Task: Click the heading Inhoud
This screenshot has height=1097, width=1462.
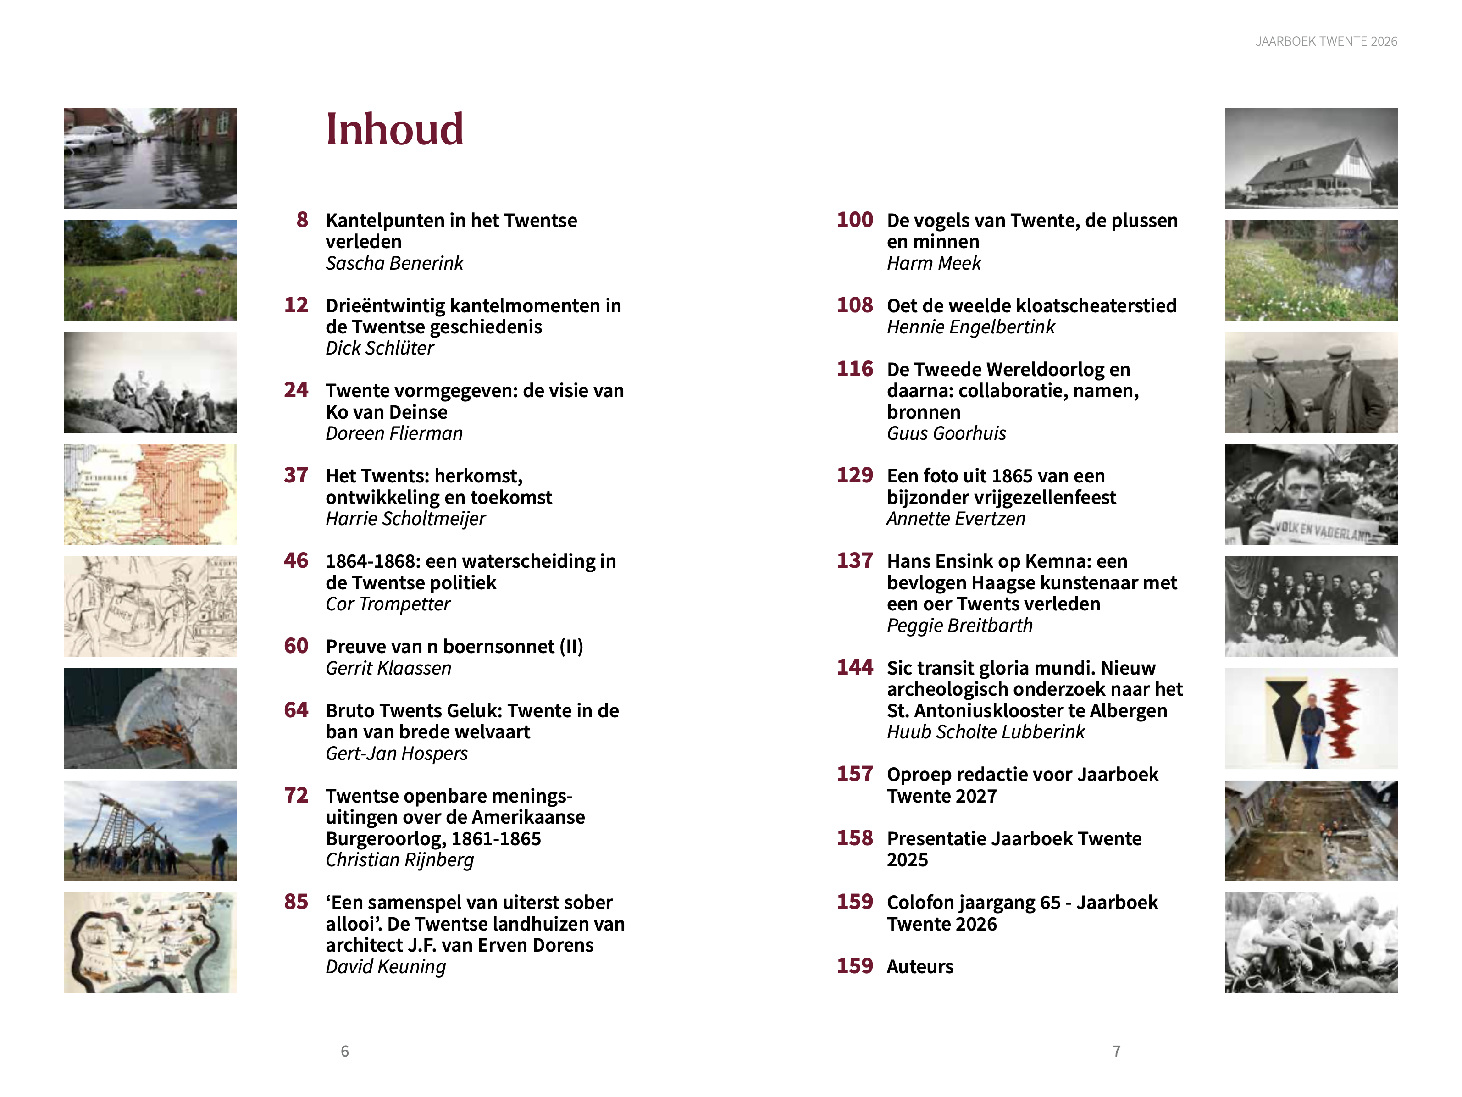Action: click(394, 129)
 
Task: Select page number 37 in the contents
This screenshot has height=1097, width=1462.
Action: click(296, 475)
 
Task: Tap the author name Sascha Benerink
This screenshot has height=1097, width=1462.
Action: click(394, 263)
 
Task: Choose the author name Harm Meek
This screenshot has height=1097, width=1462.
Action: click(933, 263)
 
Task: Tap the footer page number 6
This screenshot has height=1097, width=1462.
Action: click(344, 1051)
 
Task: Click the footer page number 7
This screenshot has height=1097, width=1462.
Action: click(1116, 1051)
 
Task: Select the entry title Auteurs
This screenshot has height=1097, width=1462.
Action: click(920, 967)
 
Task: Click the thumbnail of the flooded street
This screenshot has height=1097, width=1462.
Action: click(151, 159)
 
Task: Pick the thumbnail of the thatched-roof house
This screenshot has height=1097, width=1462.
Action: click(1311, 159)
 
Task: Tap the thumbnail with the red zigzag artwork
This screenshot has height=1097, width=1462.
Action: click(1311, 718)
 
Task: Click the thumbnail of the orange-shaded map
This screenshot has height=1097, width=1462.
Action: click(151, 494)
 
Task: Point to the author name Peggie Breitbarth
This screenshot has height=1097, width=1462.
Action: click(959, 625)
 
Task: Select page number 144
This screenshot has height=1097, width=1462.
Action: click(855, 667)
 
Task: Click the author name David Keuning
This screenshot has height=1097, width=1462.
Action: click(385, 967)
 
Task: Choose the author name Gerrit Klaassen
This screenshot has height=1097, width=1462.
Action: click(388, 668)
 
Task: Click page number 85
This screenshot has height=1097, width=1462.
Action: click(296, 902)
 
